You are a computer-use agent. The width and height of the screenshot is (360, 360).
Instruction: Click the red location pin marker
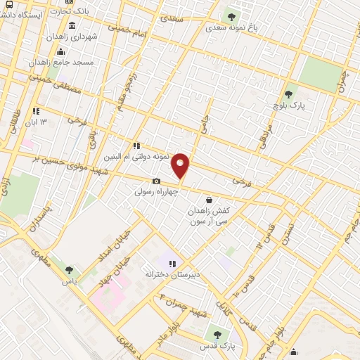pyautogui.click(x=181, y=165)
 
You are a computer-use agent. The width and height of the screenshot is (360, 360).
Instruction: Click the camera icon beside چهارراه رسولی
pyautogui.click(x=156, y=181)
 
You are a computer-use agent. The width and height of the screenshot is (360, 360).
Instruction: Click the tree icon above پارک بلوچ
pyautogui.click(x=288, y=94)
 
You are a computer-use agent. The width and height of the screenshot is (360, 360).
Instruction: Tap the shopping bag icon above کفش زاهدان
pyautogui.click(x=210, y=200)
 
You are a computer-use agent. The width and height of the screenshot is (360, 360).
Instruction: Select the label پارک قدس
pyautogui.click(x=217, y=346)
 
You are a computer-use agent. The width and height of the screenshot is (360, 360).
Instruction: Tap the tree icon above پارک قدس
pyautogui.click(x=217, y=335)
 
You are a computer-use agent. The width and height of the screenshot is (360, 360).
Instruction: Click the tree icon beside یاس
pyautogui.click(x=68, y=269)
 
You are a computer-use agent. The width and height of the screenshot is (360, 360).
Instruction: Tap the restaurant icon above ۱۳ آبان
pyautogui.click(x=36, y=111)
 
